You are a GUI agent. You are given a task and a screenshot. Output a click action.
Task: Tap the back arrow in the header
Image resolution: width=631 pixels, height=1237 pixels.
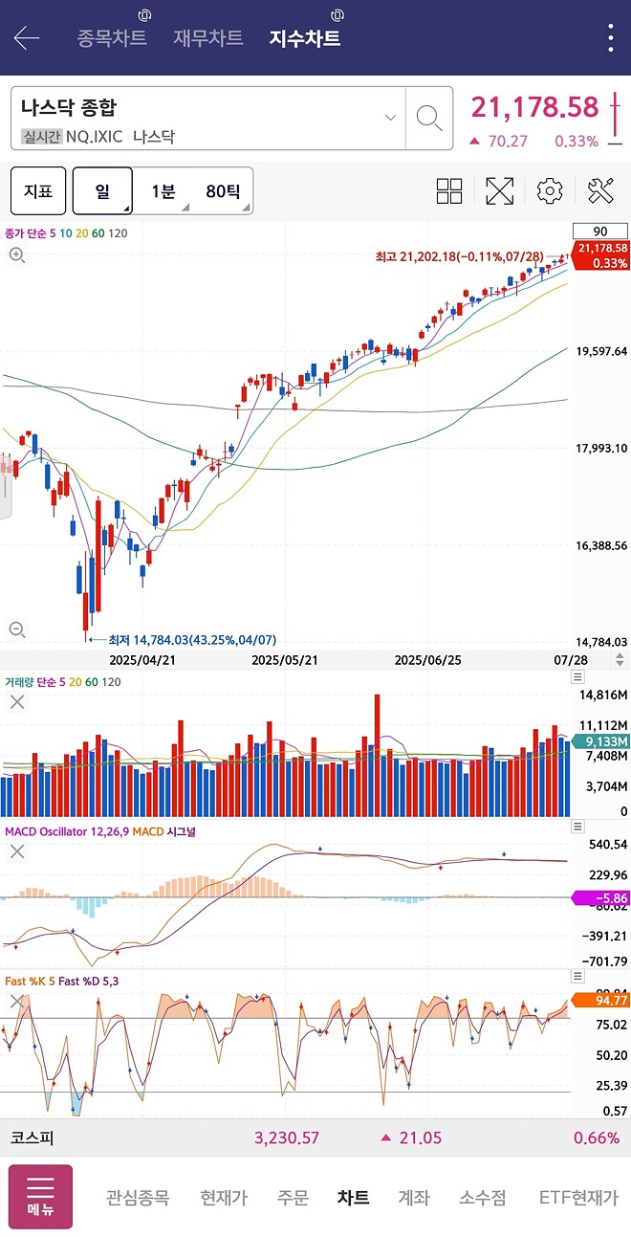27,38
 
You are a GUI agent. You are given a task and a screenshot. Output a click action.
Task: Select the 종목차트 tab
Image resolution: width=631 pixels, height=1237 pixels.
112,38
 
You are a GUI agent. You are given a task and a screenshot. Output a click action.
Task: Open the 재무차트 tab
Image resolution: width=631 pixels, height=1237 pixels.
208,38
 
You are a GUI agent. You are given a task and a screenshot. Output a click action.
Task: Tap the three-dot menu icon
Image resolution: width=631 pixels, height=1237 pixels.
611,38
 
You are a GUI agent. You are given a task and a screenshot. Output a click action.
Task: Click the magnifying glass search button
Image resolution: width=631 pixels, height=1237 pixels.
429,119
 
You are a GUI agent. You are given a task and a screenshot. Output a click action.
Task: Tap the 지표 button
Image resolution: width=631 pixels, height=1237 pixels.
38,191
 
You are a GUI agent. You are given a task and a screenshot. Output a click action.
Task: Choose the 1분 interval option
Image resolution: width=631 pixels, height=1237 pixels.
163,191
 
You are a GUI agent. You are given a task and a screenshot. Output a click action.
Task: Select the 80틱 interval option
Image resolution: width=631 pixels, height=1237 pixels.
223,191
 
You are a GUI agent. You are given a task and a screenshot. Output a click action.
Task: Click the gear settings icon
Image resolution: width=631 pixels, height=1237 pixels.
550,191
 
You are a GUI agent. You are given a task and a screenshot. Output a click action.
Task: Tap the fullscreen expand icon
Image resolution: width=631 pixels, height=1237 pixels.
500,191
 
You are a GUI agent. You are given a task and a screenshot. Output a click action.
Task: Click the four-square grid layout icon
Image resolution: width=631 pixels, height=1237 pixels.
449,191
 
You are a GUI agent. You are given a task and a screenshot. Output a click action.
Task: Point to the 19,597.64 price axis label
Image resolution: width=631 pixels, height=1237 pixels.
601,351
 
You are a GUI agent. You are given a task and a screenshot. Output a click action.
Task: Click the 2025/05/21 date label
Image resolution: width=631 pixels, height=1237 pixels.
284,660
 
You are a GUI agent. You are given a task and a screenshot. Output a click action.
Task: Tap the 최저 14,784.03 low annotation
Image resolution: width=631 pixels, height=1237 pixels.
191,640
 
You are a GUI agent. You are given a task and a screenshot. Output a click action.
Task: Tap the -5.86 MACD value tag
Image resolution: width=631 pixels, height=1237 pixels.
600,898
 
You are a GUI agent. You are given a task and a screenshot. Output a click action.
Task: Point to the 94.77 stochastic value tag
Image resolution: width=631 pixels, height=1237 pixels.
600,1001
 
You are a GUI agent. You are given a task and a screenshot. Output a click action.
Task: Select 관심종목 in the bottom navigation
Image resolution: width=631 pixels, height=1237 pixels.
138,1197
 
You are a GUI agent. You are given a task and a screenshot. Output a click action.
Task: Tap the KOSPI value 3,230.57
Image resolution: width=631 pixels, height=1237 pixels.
287,1138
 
